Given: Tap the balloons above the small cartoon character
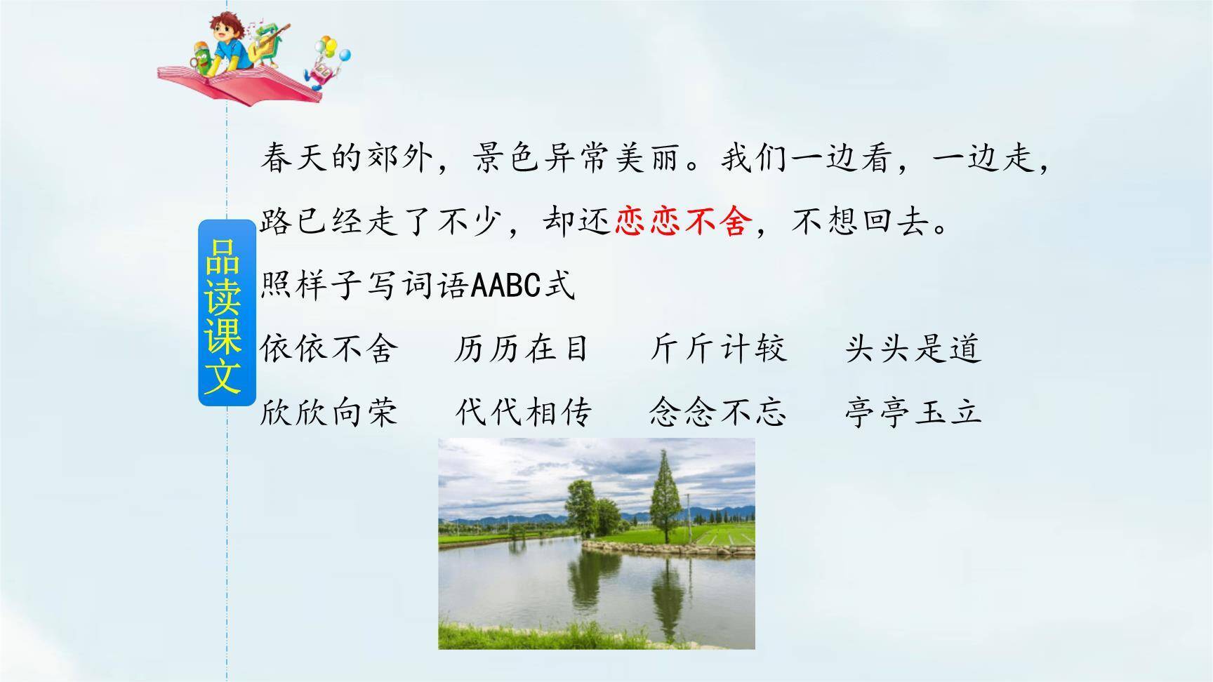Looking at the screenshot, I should click(x=334, y=48).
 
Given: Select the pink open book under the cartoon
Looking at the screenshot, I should click(x=239, y=83).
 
